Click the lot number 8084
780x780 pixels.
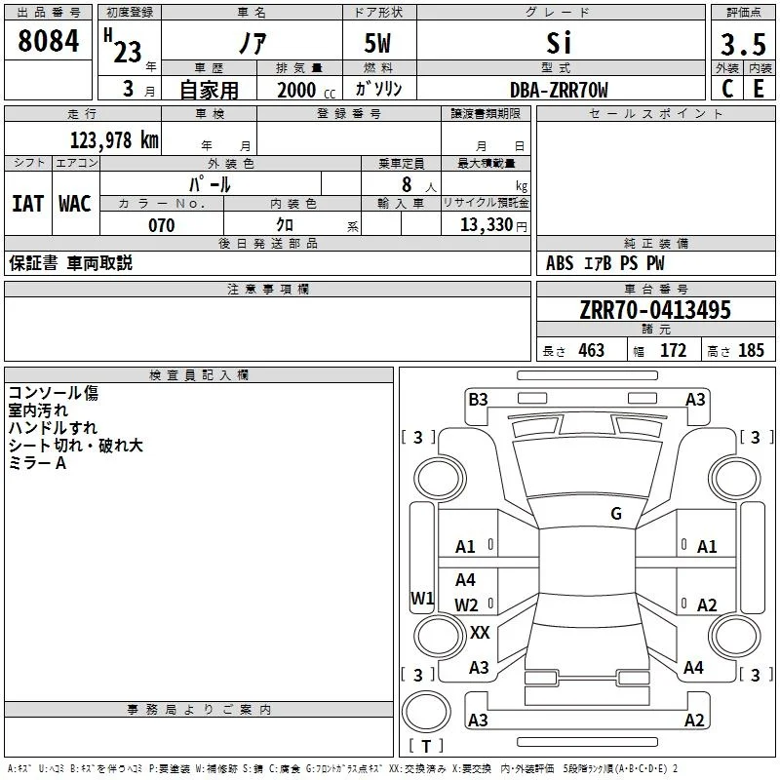[48, 41]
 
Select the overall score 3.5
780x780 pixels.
[743, 44]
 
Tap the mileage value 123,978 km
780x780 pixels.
[114, 140]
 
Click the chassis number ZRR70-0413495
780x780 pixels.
[655, 310]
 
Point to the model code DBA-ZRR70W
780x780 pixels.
[559, 90]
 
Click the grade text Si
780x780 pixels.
[559, 43]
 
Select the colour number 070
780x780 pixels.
[162, 225]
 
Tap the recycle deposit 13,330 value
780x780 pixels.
[487, 225]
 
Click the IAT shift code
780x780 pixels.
[27, 204]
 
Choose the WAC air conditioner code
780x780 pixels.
[75, 204]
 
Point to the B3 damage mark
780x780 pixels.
[478, 400]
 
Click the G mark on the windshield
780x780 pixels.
[616, 513]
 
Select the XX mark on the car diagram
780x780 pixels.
[480, 632]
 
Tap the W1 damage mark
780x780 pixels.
[422, 598]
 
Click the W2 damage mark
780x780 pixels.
[466, 604]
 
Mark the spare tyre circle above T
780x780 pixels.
[426, 712]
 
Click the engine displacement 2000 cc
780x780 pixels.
[306, 90]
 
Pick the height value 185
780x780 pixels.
[751, 350]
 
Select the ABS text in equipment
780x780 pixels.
[560, 263]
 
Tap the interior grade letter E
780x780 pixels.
[759, 89]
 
